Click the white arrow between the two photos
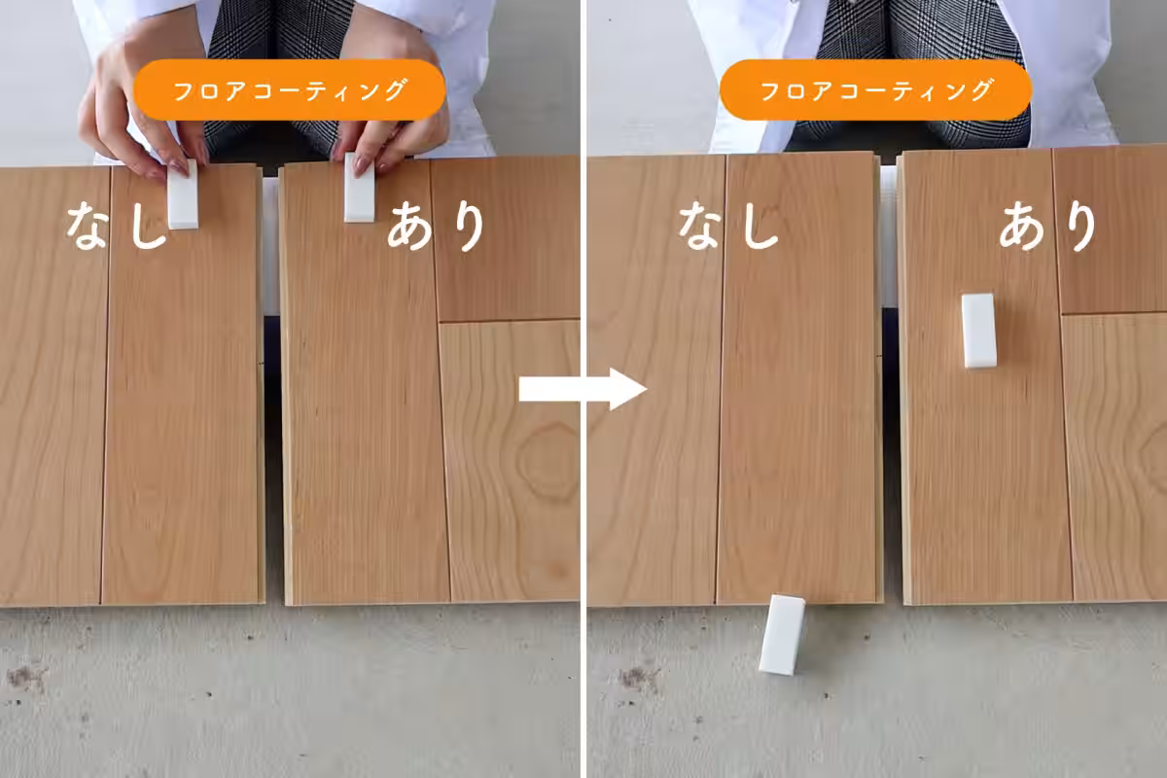(x=583, y=389)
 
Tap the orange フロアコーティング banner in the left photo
(x=290, y=89)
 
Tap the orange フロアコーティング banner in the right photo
(x=876, y=89)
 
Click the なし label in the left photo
(x=117, y=226)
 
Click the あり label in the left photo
(x=437, y=227)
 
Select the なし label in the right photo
(x=728, y=226)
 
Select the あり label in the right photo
(x=1048, y=227)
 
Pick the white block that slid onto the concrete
(x=782, y=635)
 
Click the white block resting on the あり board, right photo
(x=979, y=331)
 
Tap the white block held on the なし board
(x=183, y=194)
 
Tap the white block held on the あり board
(x=360, y=188)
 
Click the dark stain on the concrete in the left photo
(x=24, y=678)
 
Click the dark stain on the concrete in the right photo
(x=637, y=679)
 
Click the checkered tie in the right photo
(x=922, y=73)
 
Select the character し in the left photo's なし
(x=148, y=226)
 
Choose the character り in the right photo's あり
(x=1082, y=228)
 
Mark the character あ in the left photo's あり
(x=410, y=226)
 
